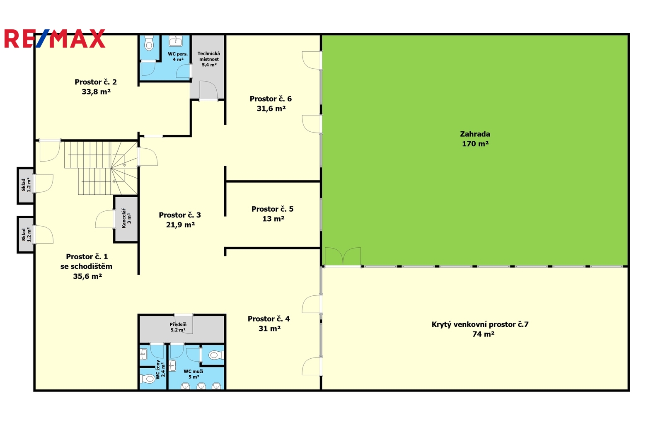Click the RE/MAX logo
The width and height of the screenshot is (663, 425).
coord(55,39)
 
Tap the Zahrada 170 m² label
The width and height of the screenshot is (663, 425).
coord(475,139)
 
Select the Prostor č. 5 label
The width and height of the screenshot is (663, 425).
coord(272,209)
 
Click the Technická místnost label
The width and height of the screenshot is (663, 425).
coord(209,56)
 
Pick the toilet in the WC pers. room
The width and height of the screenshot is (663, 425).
coord(149,43)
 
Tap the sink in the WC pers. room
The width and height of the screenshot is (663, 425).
coord(176,41)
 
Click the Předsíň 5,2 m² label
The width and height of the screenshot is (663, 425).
coord(178,327)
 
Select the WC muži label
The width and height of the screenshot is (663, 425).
coord(193,372)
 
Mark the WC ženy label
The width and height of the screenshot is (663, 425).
coord(158,369)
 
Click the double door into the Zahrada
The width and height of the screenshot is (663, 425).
coord(343,256)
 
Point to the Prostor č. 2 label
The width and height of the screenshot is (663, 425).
coord(96,82)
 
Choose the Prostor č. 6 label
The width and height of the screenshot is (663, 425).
coord(271,99)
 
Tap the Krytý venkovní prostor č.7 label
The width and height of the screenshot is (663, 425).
coord(480,324)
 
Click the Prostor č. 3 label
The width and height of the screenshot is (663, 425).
coord(180,215)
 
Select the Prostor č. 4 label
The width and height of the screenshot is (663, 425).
coord(269,319)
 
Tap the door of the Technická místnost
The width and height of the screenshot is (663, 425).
coord(209,91)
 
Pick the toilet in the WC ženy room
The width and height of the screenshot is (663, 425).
coord(147,378)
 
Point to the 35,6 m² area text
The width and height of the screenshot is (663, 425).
coord(87,276)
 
